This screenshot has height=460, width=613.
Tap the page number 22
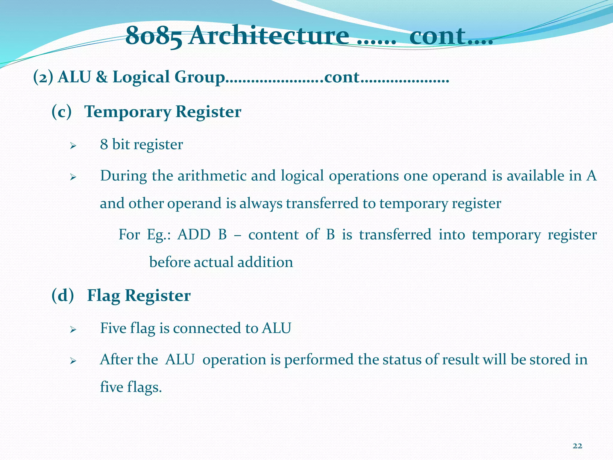point(577,446)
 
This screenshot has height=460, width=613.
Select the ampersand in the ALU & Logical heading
point(102,77)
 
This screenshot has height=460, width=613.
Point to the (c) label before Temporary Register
point(61,112)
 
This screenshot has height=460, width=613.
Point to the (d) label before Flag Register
point(62,296)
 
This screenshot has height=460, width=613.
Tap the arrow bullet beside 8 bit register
point(73,146)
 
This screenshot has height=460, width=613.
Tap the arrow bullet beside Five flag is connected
point(73,330)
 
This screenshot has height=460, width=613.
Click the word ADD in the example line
point(194,234)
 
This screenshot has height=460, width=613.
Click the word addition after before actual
point(265,262)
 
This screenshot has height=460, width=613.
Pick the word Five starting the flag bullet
point(113,328)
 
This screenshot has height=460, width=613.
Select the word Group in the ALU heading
point(199,77)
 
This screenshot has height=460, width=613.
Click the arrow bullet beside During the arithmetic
point(73,178)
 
